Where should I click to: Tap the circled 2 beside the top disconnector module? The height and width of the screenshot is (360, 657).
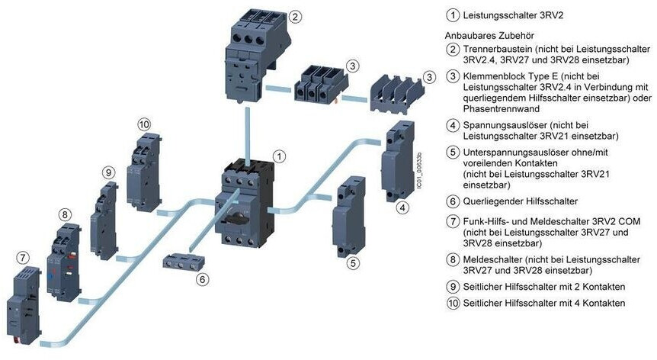[296, 16]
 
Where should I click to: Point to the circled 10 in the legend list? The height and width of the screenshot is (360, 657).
[453, 303]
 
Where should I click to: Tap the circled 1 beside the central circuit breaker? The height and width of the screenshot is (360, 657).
[280, 156]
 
